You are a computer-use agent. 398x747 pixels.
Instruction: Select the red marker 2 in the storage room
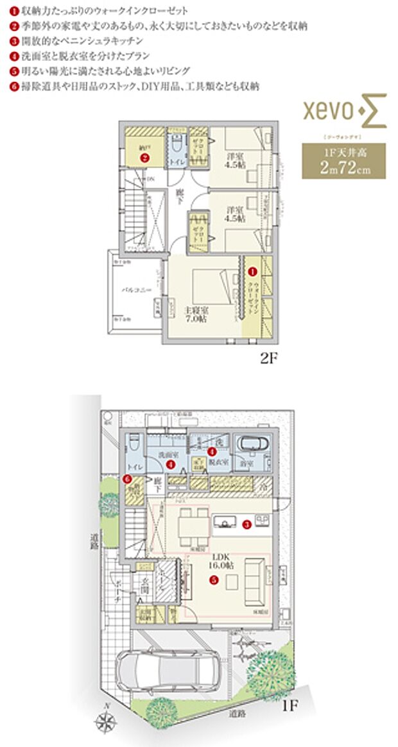coord(146,156)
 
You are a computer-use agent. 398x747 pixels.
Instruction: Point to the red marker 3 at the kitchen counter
coord(248,524)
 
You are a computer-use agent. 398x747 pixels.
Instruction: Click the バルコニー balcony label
coord(136,290)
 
